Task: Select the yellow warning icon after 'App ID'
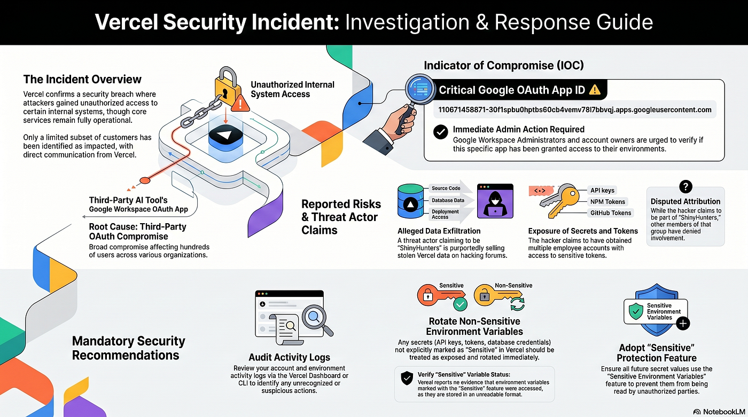coord(594,90)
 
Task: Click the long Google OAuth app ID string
coord(574,110)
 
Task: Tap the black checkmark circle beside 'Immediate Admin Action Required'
coord(440,132)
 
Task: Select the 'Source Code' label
coord(447,188)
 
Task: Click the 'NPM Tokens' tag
coord(607,202)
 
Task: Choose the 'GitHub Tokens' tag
coord(611,213)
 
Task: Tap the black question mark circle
coord(685,186)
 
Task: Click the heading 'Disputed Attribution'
coord(685,201)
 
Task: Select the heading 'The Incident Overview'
coord(82,80)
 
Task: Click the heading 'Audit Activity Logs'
coord(289,357)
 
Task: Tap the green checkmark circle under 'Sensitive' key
coord(459,305)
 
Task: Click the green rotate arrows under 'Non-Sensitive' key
coord(517,304)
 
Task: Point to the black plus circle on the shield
coord(683,323)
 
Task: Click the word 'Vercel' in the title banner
coord(126,22)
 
